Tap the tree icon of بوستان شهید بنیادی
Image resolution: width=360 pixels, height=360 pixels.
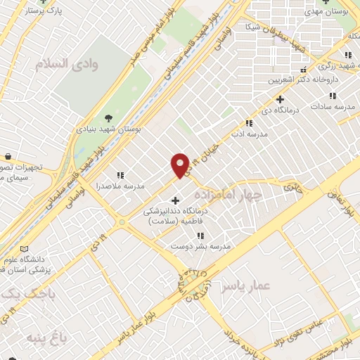coord(108,117)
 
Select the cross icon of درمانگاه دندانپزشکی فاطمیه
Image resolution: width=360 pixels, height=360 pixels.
coord(175,200)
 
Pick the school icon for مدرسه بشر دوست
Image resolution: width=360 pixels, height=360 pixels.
coord(200,236)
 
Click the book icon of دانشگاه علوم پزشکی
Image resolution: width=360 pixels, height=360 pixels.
coord(26,250)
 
